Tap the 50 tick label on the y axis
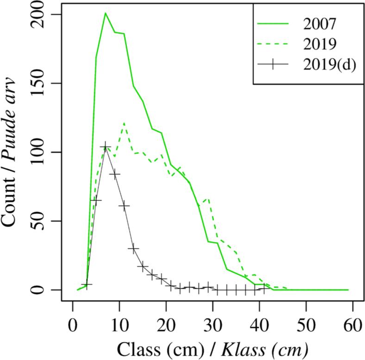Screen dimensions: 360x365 point(47,221)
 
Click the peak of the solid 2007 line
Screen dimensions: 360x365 point(105,13)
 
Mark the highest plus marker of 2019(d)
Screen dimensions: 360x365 point(105,147)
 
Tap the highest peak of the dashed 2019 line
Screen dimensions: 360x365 point(124,123)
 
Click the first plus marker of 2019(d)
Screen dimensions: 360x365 point(87,285)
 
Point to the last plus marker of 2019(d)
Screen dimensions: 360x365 point(264,289)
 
